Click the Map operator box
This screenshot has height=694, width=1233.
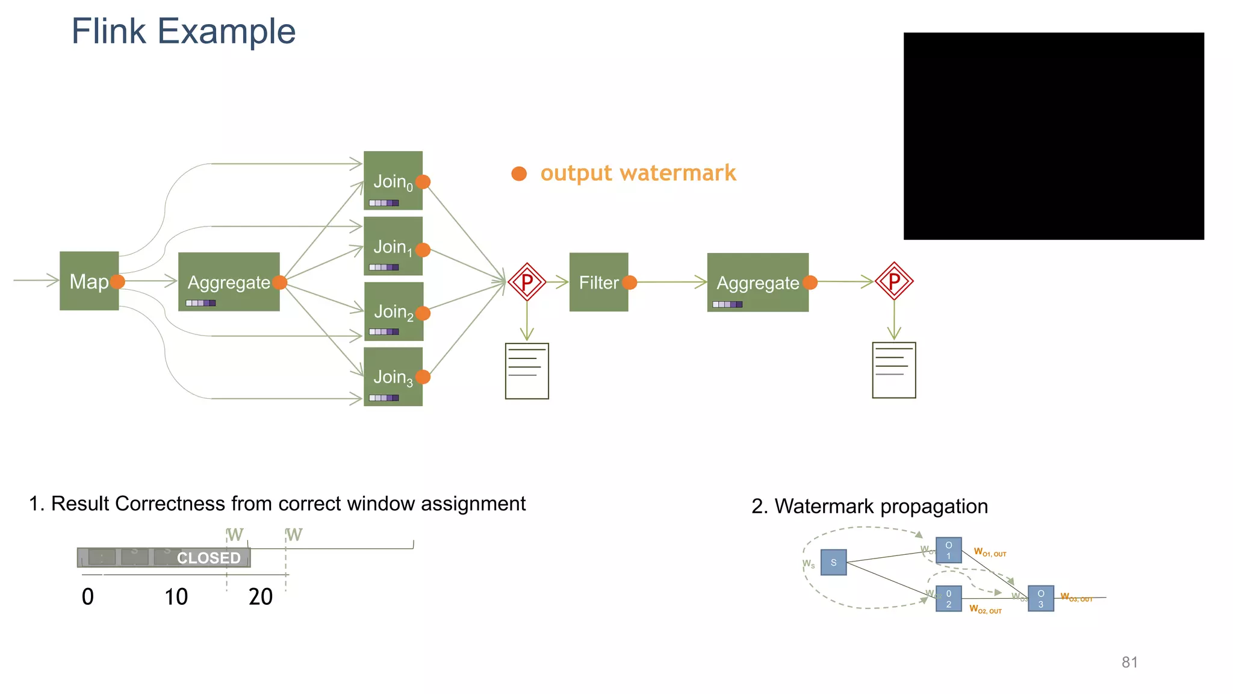(x=89, y=281)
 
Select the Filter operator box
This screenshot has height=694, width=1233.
(x=598, y=282)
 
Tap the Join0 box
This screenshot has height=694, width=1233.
(x=393, y=180)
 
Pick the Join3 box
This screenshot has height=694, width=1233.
(x=393, y=377)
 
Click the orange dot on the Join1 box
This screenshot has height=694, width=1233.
(x=423, y=250)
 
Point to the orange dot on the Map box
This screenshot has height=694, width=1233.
(x=118, y=281)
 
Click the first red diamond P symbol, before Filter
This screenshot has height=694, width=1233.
(x=527, y=282)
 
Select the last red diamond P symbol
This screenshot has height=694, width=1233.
(x=894, y=281)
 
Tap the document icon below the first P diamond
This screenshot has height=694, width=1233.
(x=527, y=371)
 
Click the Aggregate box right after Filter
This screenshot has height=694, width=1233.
(x=757, y=282)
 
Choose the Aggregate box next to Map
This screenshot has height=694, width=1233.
(x=229, y=281)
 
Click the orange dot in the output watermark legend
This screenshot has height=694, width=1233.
(x=519, y=173)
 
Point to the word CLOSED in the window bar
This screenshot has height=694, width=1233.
(x=208, y=558)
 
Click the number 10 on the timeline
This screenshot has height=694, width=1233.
(x=176, y=597)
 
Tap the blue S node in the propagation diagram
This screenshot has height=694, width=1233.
(x=833, y=563)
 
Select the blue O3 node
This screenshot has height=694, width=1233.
(x=1040, y=598)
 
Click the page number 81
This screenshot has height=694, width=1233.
(x=1129, y=662)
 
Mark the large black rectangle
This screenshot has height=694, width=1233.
(x=1054, y=136)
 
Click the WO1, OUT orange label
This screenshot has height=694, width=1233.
(x=990, y=552)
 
